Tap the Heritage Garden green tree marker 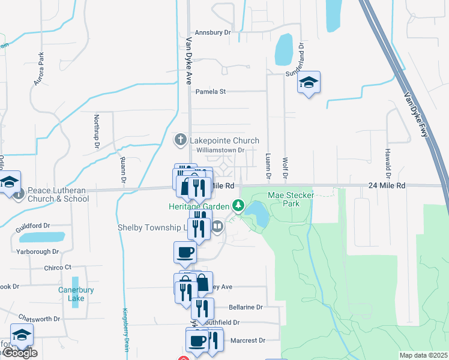pos(238,206)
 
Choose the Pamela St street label pos(210,92)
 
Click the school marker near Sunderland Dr pos(309,83)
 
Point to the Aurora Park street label pos(40,68)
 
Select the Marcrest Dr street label pos(247,340)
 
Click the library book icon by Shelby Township pos(217,227)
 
